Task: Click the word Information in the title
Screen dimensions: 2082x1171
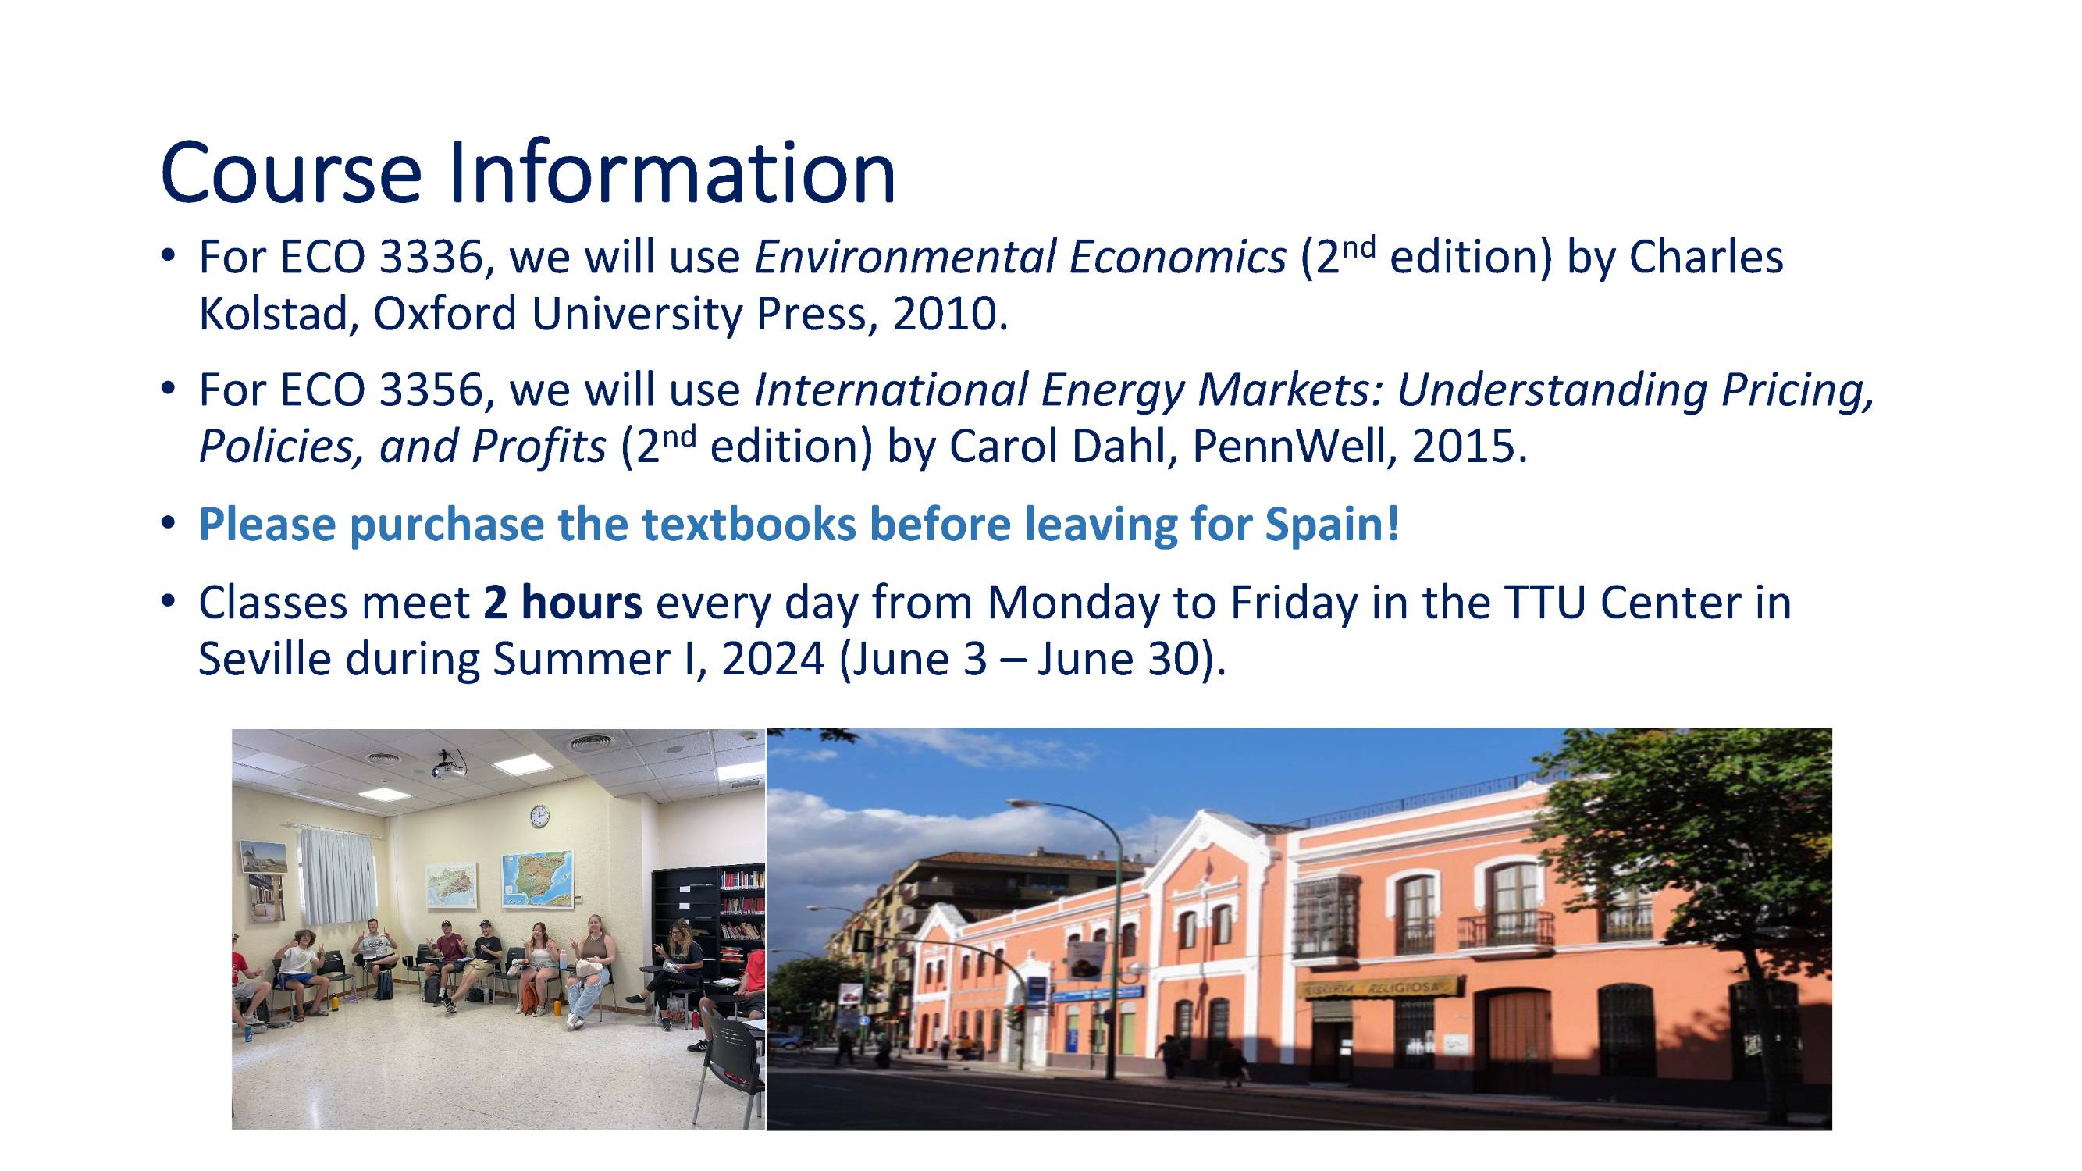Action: (x=671, y=173)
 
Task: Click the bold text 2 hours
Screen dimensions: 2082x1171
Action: (x=564, y=602)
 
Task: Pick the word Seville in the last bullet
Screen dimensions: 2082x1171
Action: (x=265, y=659)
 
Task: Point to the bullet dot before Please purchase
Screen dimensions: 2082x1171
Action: (x=168, y=524)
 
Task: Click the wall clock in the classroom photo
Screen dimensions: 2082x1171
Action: (x=539, y=817)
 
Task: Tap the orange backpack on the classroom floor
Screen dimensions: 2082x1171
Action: (x=529, y=999)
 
